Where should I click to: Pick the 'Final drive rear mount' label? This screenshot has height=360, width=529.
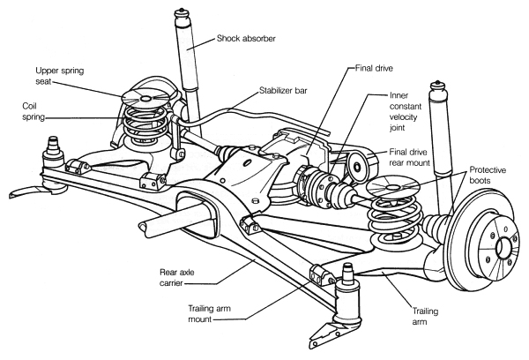[417, 156]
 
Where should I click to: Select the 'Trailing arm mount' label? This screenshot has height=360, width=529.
[214, 312]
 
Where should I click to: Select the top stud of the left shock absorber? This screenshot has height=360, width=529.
[184, 16]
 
